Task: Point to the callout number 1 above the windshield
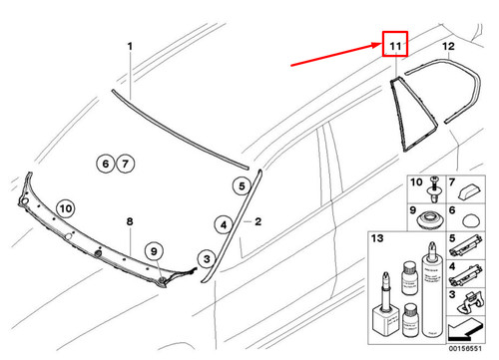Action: (130, 47)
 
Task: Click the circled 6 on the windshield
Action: (105, 163)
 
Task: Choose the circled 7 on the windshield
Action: (124, 163)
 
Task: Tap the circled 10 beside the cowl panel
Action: (65, 208)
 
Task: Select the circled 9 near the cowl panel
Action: (153, 251)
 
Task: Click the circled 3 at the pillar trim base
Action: (207, 259)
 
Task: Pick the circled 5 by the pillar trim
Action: (240, 184)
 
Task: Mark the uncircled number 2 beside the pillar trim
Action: (257, 222)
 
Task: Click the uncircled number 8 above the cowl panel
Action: (129, 219)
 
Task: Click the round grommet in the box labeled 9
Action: (436, 217)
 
